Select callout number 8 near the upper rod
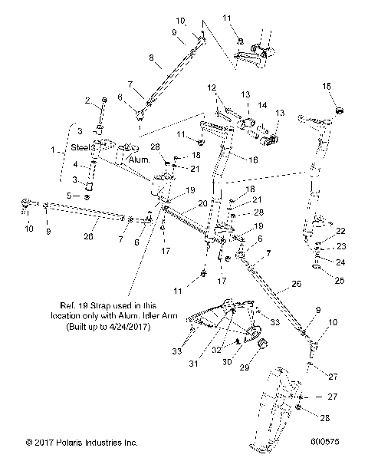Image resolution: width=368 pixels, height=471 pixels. point(150,58)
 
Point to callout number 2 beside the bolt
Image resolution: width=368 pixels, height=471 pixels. point(87,100)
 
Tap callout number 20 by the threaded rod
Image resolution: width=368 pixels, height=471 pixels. point(202,203)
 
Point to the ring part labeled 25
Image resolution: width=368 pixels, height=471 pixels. point(317,268)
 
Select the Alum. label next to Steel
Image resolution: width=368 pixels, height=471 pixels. point(138,160)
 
